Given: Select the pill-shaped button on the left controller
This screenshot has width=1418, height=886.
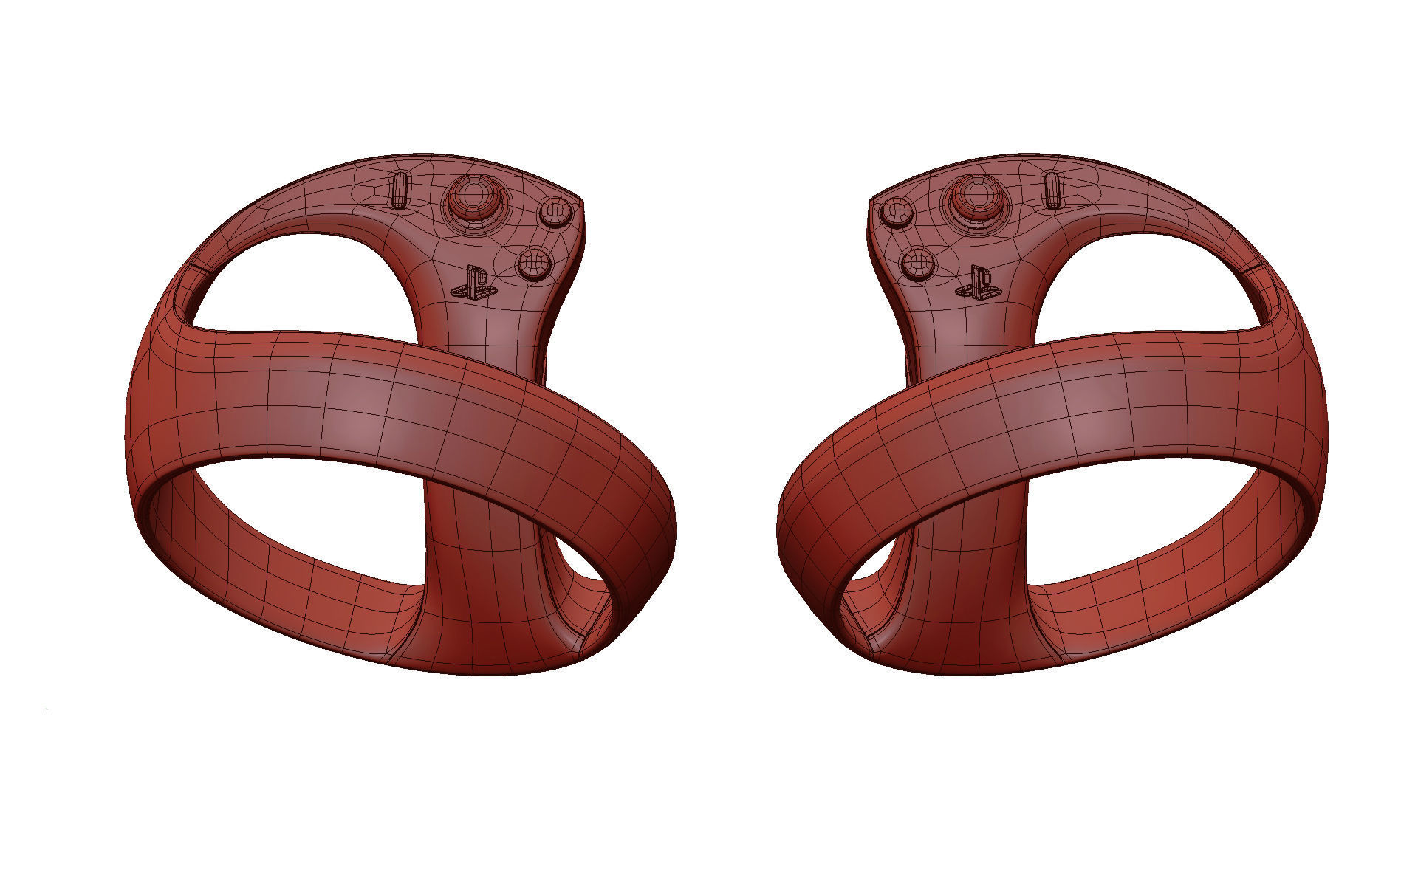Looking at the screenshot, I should pos(399,191).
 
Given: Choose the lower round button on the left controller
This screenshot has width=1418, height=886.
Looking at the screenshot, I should pos(534,263).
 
